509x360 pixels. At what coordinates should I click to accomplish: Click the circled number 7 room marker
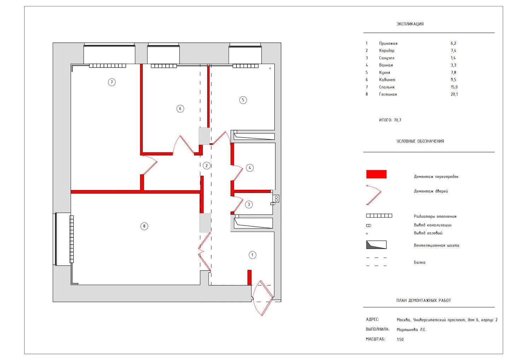click(112, 82)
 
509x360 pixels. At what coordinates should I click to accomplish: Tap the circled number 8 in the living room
click(144, 226)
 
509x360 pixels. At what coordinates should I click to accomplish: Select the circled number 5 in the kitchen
click(243, 100)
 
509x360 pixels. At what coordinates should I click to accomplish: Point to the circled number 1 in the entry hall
click(252, 255)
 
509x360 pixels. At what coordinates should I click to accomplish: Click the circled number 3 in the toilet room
click(249, 204)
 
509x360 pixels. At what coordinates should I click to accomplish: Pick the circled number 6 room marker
click(180, 109)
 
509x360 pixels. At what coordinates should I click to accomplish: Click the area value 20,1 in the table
click(454, 94)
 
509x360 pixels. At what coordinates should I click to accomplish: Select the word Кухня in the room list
click(385, 72)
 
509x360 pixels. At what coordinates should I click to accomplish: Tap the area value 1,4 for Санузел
click(453, 58)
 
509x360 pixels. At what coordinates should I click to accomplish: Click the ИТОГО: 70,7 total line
click(390, 120)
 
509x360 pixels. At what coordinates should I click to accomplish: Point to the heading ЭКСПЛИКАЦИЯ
click(410, 24)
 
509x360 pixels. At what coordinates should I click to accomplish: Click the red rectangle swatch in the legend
click(376, 174)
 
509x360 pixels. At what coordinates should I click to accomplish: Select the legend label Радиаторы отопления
click(435, 216)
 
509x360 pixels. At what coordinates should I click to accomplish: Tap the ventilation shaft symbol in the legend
click(376, 245)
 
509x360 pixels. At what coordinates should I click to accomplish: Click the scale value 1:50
click(400, 339)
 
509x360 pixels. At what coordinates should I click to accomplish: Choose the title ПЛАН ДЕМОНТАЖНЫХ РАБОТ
click(423, 301)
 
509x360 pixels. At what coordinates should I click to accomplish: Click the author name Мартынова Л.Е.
click(411, 330)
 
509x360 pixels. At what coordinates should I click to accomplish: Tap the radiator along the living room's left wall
click(71, 239)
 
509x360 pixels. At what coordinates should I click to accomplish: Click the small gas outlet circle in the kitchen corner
click(270, 68)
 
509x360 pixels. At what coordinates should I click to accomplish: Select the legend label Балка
click(420, 262)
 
